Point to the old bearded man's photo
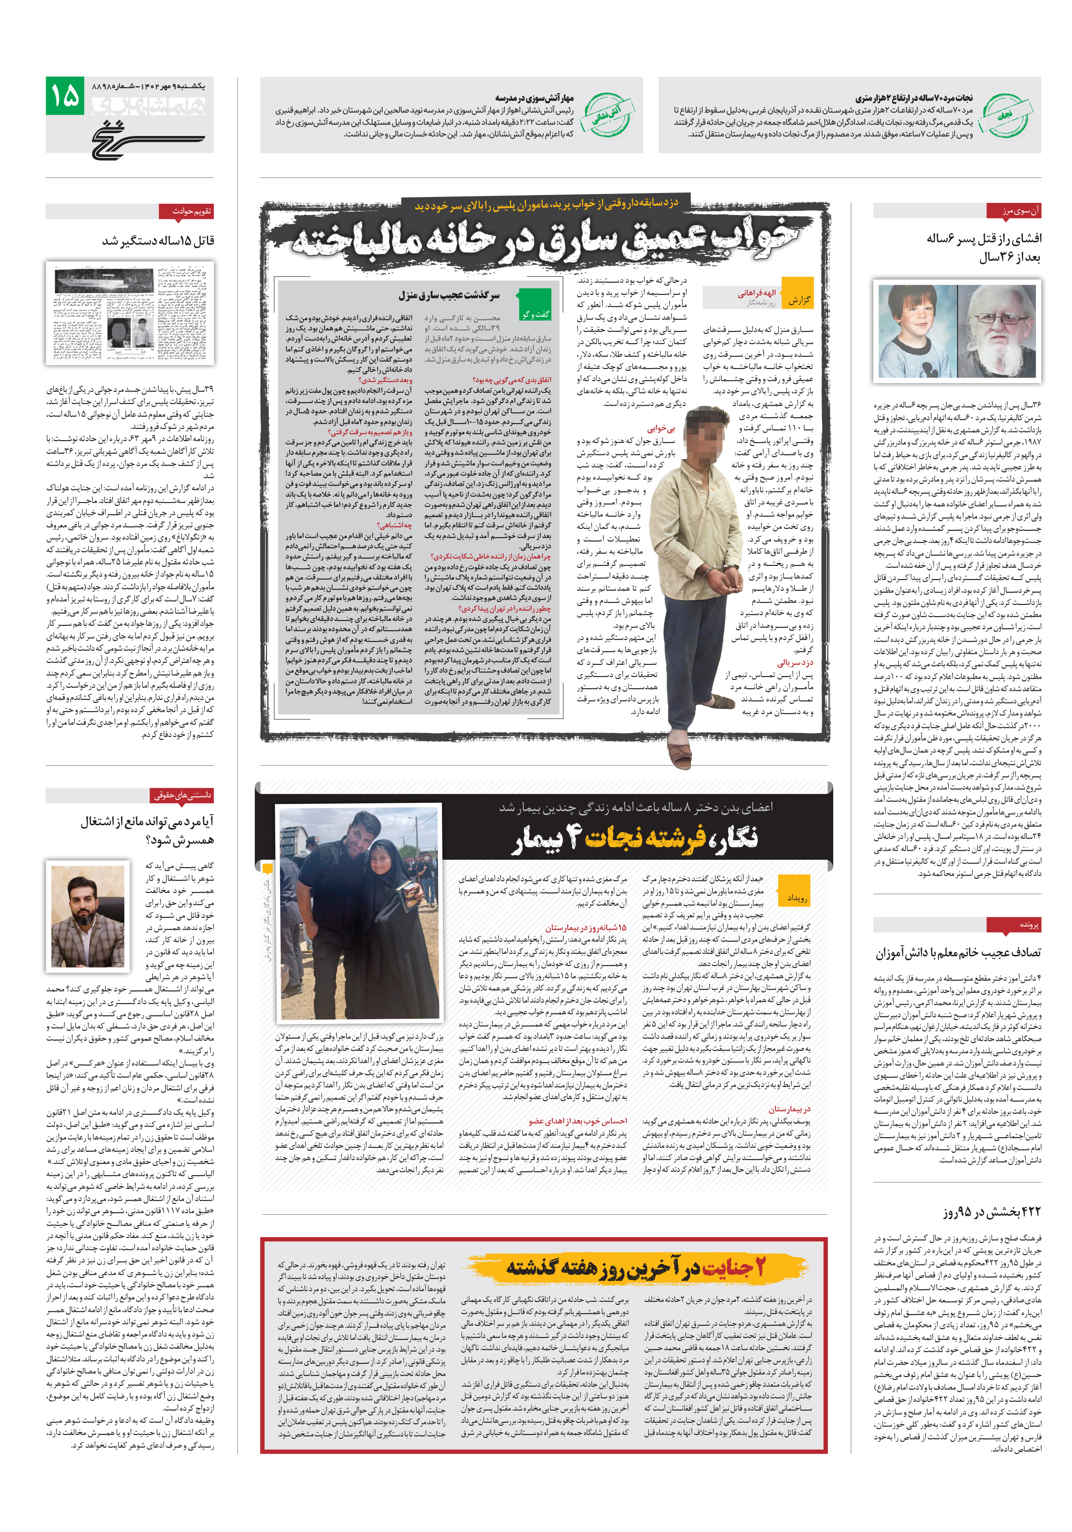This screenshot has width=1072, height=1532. tap(996, 331)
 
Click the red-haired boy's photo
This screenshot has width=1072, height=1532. tap(917, 331)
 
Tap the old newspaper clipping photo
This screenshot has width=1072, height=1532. tap(130, 312)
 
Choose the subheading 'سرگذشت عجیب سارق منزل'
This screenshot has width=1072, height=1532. tap(448, 295)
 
